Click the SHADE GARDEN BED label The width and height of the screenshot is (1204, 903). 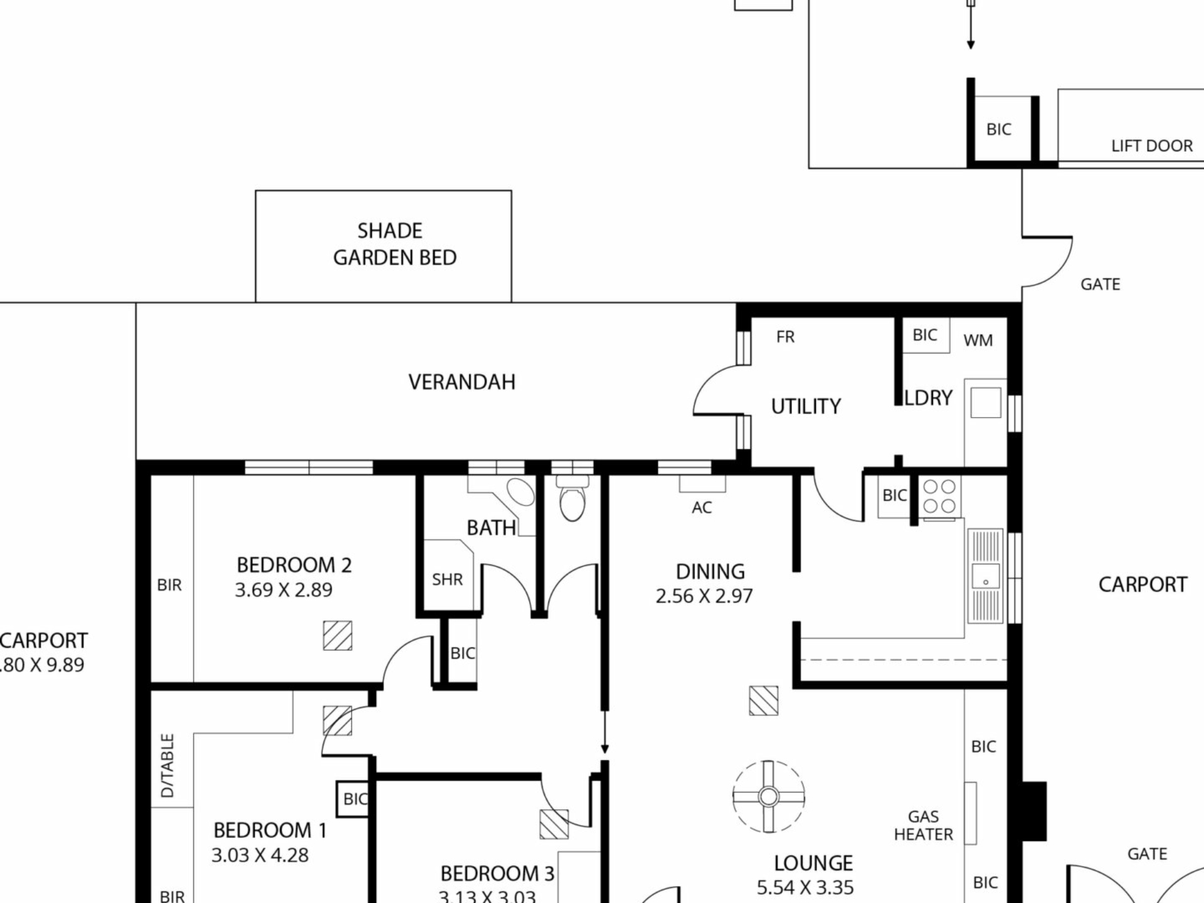coord(394,244)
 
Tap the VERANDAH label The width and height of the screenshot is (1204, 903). coord(462,382)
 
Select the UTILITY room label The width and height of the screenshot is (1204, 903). coord(806,406)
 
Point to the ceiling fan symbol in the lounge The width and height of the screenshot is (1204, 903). coord(769,796)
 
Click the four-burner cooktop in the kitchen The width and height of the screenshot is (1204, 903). coord(939,497)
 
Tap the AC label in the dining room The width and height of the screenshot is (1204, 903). coord(702,507)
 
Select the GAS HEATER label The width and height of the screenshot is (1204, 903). coord(923,825)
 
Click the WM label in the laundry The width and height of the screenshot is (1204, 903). coord(978,341)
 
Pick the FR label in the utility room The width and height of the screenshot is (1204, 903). coord(785,337)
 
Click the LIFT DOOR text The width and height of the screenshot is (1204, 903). coord(1152,146)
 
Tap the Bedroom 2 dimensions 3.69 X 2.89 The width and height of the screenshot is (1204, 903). coord(283,590)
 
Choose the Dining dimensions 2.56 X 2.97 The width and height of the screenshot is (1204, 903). coord(704,596)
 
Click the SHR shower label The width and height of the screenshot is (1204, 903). coord(447,579)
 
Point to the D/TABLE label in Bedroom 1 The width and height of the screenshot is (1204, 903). coord(167,766)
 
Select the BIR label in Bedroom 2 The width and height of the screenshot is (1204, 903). coord(169,585)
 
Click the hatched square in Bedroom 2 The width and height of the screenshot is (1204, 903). coord(337,635)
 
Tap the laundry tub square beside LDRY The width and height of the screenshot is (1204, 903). coord(986,403)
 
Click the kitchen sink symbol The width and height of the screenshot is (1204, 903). coord(985,576)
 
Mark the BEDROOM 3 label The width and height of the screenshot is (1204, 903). coord(497,874)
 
